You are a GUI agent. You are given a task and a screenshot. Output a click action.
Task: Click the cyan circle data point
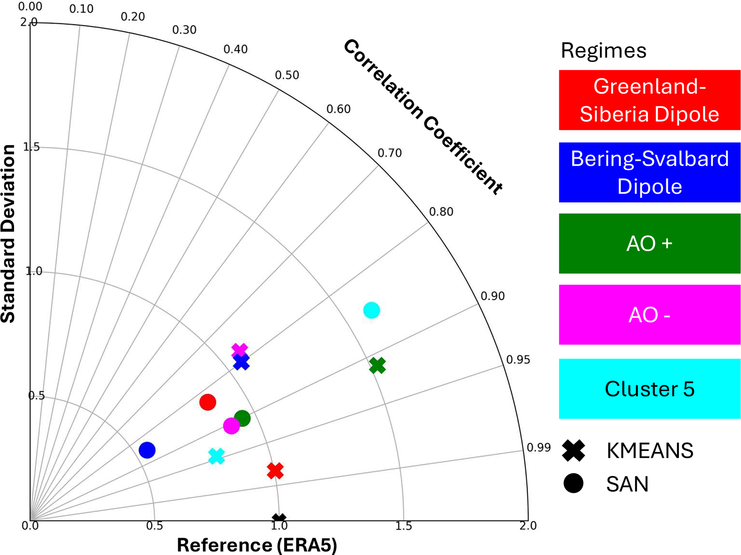tap(371, 310)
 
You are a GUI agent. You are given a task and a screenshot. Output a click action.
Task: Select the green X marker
tap(378, 366)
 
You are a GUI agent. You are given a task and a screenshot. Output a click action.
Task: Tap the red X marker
tap(276, 471)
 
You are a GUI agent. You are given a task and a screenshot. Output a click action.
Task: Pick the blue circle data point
tap(147, 450)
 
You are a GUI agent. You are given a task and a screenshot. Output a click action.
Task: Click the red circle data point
tap(208, 402)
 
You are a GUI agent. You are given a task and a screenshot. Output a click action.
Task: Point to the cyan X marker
tap(217, 456)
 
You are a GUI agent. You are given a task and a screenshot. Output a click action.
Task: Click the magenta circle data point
tap(232, 426)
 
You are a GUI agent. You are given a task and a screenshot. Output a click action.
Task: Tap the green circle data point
tap(242, 418)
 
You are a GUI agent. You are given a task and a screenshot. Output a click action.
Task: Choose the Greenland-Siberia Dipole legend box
tap(649, 100)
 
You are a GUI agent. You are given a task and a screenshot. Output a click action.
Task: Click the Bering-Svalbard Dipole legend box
tap(649, 172)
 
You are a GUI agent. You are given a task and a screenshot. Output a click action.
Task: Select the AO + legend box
tap(649, 244)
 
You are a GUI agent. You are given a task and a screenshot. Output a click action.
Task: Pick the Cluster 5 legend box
tap(649, 389)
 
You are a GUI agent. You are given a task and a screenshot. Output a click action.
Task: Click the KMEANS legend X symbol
tap(573, 450)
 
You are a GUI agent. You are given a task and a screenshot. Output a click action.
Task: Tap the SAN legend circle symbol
tap(573, 483)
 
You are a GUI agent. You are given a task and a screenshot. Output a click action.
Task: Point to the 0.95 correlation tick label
tap(518, 360)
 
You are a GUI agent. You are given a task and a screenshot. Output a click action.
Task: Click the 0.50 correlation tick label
tap(287, 75)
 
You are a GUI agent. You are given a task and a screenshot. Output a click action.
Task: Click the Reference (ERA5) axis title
tap(257, 545)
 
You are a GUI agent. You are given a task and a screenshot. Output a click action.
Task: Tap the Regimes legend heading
tap(604, 51)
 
